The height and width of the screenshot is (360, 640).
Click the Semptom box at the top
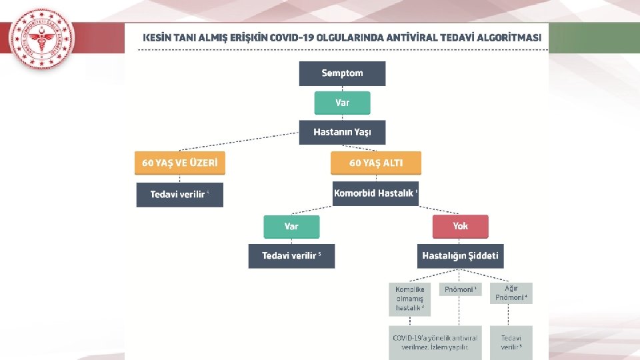tap(342, 73)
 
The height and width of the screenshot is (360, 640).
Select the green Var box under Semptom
tap(342, 103)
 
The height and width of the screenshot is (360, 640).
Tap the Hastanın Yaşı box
tap(342, 132)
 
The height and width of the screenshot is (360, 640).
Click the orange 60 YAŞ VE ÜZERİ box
tap(179, 163)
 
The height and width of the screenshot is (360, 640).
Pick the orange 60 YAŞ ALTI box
tap(376, 163)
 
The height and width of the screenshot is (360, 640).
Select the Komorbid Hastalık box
tap(376, 193)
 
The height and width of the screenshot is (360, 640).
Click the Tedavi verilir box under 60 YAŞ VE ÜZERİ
tap(179, 195)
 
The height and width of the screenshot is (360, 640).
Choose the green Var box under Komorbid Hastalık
tap(291, 227)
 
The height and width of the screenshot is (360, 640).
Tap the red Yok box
tap(460, 227)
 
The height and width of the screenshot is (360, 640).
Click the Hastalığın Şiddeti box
tap(460, 256)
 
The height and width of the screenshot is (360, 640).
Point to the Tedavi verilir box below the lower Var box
tap(291, 256)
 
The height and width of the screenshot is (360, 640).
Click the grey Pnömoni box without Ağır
tap(460, 290)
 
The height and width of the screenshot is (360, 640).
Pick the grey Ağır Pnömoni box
tap(511, 293)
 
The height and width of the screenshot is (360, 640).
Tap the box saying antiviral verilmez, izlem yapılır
tap(435, 342)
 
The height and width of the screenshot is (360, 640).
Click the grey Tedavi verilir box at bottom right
tap(511, 342)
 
